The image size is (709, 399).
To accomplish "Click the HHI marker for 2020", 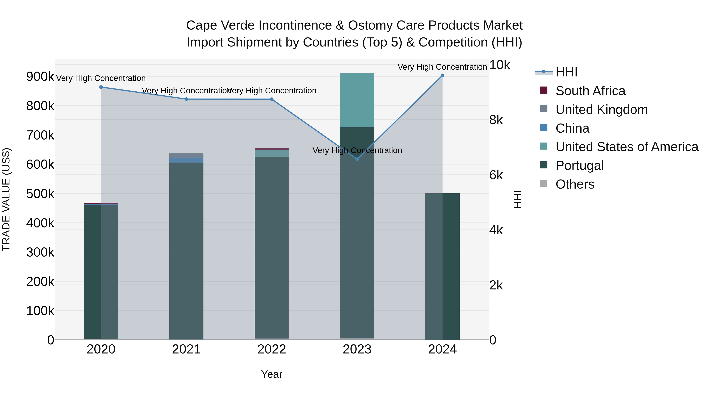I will [x=101, y=87].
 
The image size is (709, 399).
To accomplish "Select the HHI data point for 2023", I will [x=357, y=159].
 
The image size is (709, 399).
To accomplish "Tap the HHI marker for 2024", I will [x=442, y=75].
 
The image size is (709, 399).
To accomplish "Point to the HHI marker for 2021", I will [x=186, y=99].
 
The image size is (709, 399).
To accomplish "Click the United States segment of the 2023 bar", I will [x=357, y=100].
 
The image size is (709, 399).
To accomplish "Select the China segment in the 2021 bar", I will [x=186, y=160].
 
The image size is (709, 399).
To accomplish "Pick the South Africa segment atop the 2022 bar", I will [x=272, y=149].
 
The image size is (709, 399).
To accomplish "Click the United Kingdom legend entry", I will [x=601, y=110].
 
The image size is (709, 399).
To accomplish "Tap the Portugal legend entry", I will [x=579, y=166].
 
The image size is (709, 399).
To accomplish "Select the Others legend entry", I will [x=575, y=184].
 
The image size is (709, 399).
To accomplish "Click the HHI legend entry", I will [x=566, y=72].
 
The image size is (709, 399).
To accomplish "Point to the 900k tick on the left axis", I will [x=40, y=77].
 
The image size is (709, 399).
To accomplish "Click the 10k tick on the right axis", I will [x=499, y=65].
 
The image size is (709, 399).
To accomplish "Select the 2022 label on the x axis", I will [x=272, y=349].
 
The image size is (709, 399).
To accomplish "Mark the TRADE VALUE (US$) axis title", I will [x=6, y=199].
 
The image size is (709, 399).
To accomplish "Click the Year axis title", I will [x=272, y=374].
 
